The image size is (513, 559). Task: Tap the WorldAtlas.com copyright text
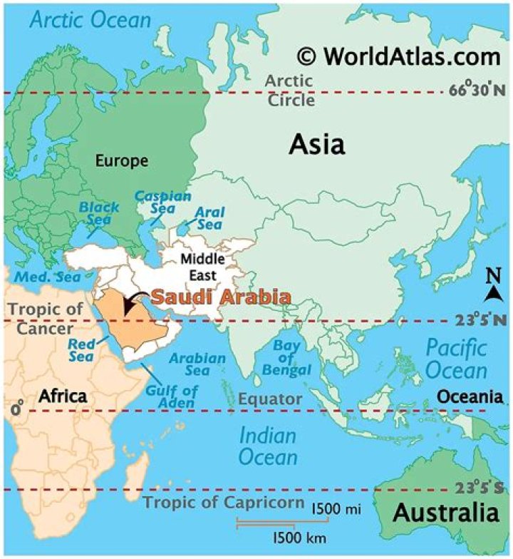coord(398,56)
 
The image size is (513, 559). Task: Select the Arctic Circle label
coord(290,90)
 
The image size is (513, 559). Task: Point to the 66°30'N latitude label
coord(477,91)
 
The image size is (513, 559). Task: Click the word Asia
coord(316,145)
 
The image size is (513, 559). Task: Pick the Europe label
coord(121,161)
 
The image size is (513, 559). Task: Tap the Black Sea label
coord(99,213)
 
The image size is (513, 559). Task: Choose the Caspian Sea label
coord(163,202)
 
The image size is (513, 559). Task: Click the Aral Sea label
coord(209,218)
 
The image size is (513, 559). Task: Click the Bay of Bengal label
coord(291,357)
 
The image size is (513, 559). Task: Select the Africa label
coord(63,396)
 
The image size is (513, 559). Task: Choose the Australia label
coord(445,512)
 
